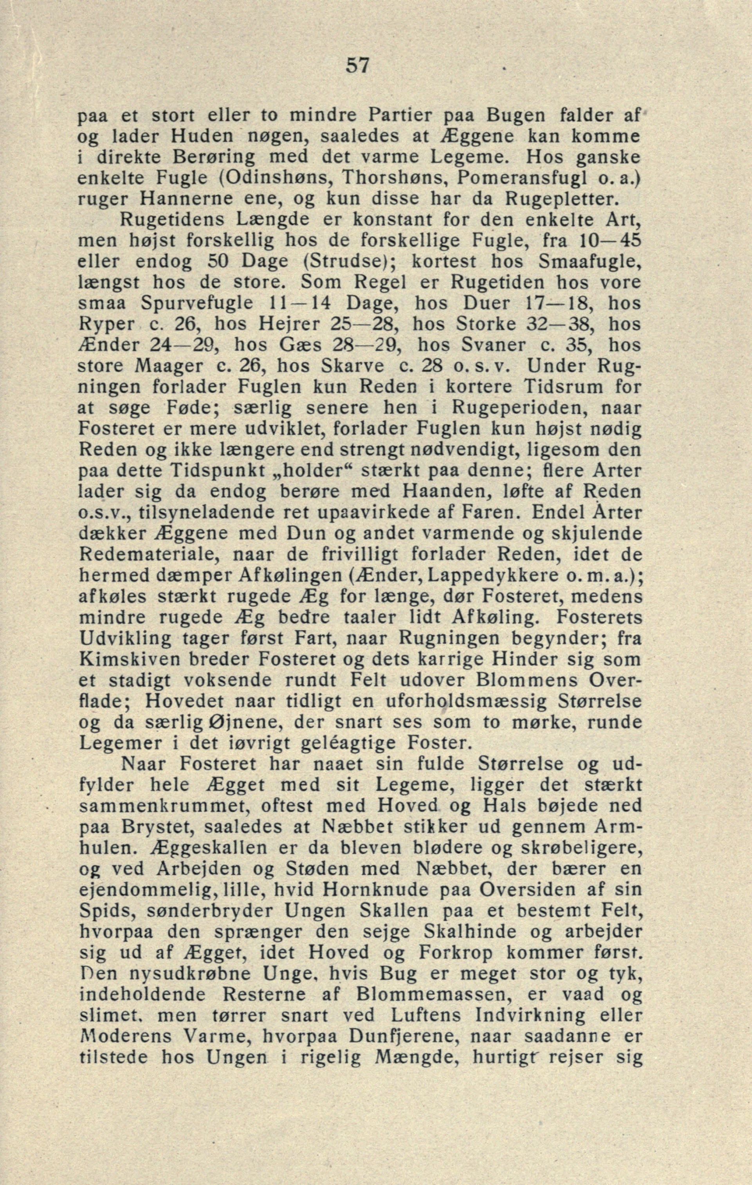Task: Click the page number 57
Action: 357,65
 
